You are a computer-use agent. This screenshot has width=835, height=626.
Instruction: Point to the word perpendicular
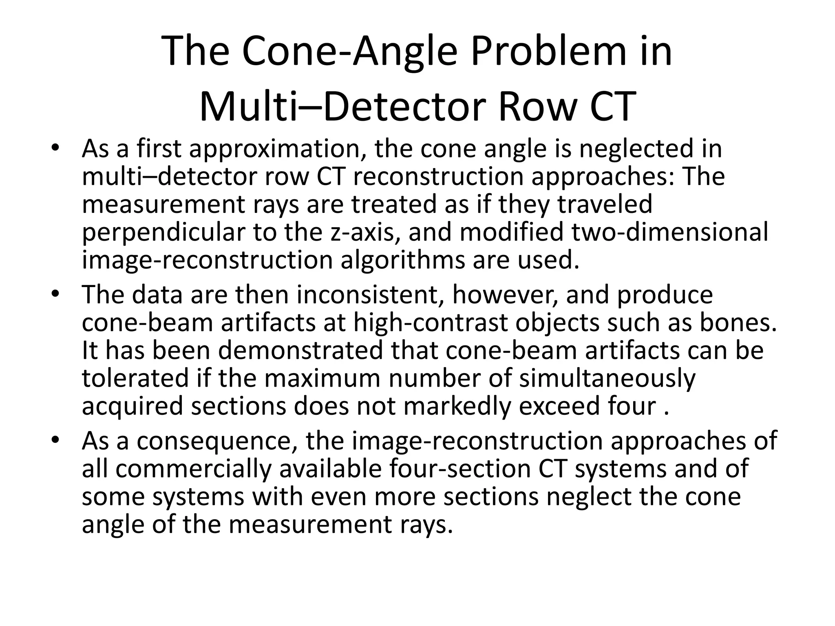click(x=164, y=232)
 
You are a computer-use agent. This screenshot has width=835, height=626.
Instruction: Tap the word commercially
click(x=193, y=469)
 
